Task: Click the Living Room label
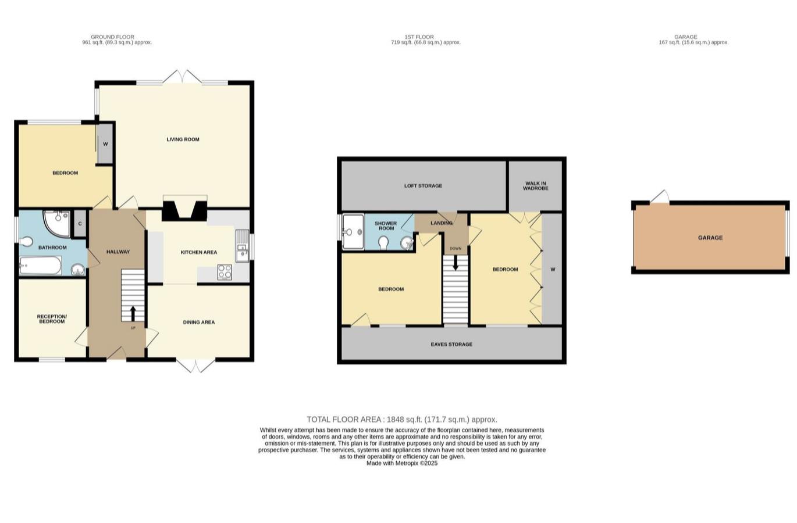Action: point(183,139)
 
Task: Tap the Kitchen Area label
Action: point(199,252)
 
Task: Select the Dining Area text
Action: point(199,322)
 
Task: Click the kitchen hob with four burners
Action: point(225,272)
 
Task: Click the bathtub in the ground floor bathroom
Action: point(40,267)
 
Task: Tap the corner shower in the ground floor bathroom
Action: point(56,223)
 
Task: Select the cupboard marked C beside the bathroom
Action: point(80,224)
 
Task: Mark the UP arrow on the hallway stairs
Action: point(133,314)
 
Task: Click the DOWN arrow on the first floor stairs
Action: point(456,263)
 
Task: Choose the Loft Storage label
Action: point(423,186)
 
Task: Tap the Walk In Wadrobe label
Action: point(535,186)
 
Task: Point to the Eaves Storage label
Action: point(451,344)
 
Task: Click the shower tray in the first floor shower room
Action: point(352,231)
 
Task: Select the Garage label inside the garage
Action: point(710,238)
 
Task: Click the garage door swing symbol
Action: point(659,197)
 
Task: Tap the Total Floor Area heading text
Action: point(402,419)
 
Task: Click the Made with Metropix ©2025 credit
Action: point(402,463)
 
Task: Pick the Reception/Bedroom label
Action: point(52,319)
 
